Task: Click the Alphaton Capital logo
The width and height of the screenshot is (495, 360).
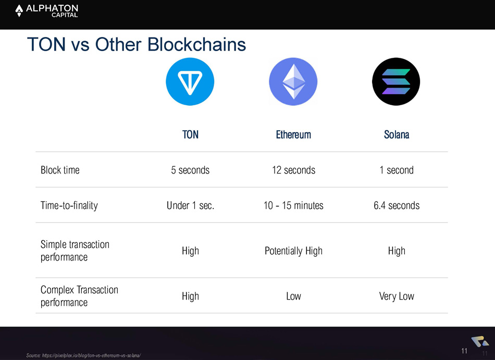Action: pyautogui.click(x=46, y=11)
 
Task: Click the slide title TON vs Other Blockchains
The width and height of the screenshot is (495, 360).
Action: pyautogui.click(x=137, y=44)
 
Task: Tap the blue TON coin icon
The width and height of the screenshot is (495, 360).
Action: pyautogui.click(x=190, y=81)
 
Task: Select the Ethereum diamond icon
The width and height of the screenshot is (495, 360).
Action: pyautogui.click(x=293, y=81)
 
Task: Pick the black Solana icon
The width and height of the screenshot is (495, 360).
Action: pyautogui.click(x=396, y=81)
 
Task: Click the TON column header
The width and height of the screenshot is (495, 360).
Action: pyautogui.click(x=190, y=135)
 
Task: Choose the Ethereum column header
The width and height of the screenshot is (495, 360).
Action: pyautogui.click(x=293, y=135)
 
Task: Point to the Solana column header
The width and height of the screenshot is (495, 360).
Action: pyautogui.click(x=397, y=135)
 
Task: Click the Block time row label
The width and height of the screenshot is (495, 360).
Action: pyautogui.click(x=60, y=170)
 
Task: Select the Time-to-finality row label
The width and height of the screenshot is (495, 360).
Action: pyautogui.click(x=69, y=205)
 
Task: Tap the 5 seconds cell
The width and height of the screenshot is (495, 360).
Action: pyautogui.click(x=190, y=170)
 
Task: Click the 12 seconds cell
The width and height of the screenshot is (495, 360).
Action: pyautogui.click(x=293, y=170)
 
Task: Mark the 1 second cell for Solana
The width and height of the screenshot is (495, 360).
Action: pyautogui.click(x=397, y=170)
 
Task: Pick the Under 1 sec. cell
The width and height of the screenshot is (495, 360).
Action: pyautogui.click(x=190, y=205)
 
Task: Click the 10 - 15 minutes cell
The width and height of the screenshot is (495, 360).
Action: pyautogui.click(x=293, y=205)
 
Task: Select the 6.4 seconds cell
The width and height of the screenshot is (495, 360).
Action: pyautogui.click(x=397, y=205)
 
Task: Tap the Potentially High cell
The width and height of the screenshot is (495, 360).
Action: pyautogui.click(x=293, y=251)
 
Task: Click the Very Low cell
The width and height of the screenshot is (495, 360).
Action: pyautogui.click(x=397, y=296)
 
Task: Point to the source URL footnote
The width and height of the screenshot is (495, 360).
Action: pyautogui.click(x=83, y=356)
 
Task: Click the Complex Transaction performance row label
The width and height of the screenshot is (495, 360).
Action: pyautogui.click(x=79, y=296)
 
